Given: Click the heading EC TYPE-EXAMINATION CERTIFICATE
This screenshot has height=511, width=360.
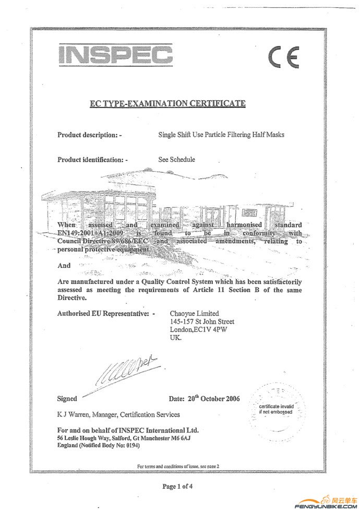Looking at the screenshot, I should point(167,103).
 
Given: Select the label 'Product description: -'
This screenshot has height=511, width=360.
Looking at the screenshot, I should point(89,135).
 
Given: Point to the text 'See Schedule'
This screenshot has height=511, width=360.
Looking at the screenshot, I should point(176,159).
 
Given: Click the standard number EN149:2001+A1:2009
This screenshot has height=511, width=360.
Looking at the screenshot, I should point(95,233).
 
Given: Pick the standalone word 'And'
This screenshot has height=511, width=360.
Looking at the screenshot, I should point(64,266).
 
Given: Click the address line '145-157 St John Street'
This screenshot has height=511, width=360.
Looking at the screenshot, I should point(202,322).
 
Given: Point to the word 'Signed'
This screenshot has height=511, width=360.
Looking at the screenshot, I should point(67,399).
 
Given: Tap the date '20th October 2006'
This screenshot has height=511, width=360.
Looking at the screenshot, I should point(205,399).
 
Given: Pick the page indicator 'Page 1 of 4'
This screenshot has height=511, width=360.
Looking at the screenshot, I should point(177,486).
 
